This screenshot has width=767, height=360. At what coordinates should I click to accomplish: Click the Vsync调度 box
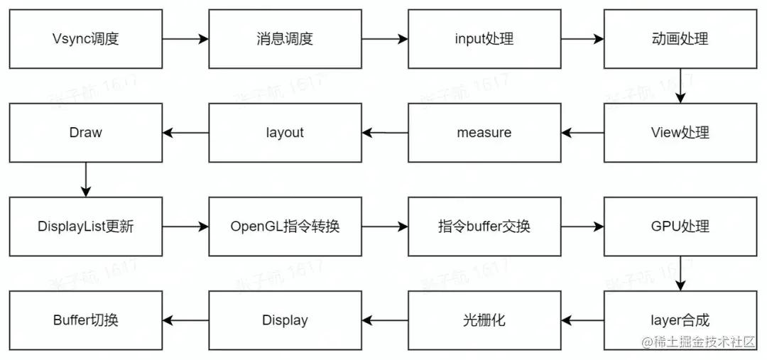point(85,39)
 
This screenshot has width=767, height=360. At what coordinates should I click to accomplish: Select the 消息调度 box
point(284,39)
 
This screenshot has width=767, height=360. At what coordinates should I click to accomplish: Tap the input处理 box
point(484,39)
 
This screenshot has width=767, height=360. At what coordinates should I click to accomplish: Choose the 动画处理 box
point(680,39)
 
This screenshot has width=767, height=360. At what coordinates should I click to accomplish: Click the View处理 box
point(680,133)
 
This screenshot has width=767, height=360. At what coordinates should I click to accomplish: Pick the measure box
point(484,133)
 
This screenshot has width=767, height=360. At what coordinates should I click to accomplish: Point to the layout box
point(284,133)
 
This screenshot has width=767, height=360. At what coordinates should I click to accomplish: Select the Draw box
point(85,133)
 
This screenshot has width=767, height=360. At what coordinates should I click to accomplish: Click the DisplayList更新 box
point(85,227)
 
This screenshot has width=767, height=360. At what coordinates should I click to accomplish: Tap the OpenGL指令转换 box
point(284,227)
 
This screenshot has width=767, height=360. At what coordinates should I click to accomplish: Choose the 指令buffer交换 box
point(484,227)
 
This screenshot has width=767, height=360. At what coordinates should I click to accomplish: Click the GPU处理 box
point(680,227)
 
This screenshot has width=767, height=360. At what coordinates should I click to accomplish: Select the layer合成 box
point(680,320)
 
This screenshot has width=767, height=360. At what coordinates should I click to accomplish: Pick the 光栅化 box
point(484,320)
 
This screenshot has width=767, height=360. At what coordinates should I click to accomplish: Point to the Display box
point(284,320)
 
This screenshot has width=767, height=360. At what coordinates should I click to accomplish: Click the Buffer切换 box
point(85,320)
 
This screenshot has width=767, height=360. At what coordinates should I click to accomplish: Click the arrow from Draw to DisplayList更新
point(85,180)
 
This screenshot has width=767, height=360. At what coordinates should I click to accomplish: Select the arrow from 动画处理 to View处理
point(680,86)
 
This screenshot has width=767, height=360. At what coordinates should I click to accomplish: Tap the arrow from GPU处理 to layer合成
point(680,273)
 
